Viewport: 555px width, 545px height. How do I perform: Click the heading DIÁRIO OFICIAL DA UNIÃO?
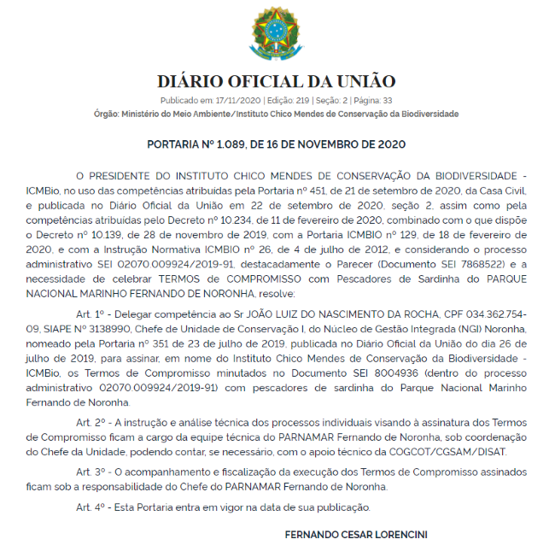277,82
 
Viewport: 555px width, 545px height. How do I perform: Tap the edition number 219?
299,101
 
